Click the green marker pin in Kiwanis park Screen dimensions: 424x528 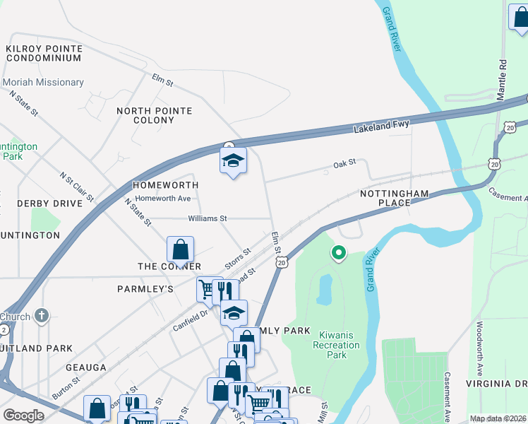[339, 252]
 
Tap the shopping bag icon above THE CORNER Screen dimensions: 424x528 [181, 249]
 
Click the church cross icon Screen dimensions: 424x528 [42, 315]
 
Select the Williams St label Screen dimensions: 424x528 [207, 218]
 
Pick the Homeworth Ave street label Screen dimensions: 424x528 [163, 199]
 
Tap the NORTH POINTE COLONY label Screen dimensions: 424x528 [155, 116]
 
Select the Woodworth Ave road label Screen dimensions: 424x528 [479, 348]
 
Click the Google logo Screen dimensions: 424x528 [23, 415]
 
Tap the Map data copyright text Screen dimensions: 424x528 [498, 418]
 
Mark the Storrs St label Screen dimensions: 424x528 [238, 259]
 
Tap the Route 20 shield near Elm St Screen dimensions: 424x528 [282, 263]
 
